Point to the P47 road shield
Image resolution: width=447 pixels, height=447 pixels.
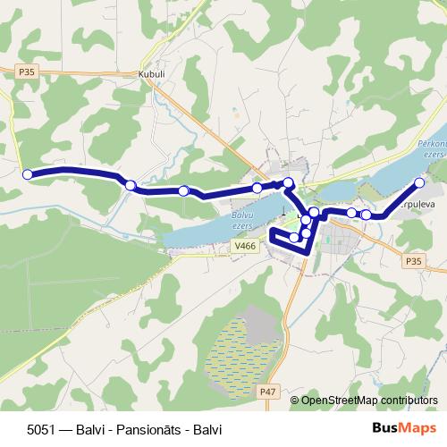(x=268, y=391)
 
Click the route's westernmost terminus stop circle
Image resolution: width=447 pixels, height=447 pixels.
(x=27, y=174)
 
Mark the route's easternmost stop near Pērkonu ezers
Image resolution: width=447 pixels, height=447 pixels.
(x=419, y=184)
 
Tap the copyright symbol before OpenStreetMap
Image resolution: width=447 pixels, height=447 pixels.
(x=295, y=401)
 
